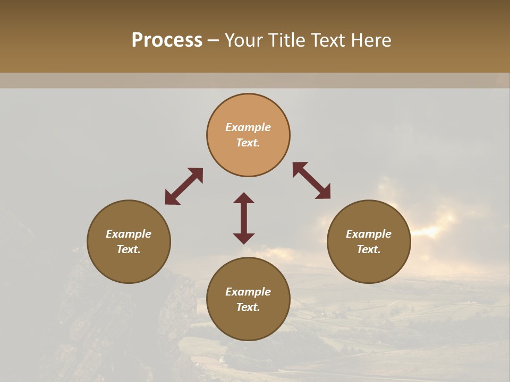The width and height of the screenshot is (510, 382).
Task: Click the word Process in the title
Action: [x=167, y=40]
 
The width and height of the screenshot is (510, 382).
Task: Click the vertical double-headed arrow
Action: [x=244, y=218]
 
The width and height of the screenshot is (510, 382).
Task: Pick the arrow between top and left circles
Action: [x=184, y=186]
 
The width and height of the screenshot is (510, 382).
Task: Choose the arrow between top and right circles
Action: [x=311, y=180]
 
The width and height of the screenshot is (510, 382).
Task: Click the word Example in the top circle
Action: [x=248, y=127]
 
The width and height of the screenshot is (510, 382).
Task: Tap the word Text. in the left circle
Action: [x=129, y=249]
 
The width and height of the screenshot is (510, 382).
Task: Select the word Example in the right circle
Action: [x=369, y=234]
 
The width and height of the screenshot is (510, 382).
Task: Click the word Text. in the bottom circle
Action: [x=248, y=307]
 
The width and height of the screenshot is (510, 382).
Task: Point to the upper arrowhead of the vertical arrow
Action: [x=244, y=198]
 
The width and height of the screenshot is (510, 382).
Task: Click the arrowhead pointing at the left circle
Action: [x=171, y=198]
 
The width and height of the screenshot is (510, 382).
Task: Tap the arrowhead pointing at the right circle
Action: [x=324, y=192]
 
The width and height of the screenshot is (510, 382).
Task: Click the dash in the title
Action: [x=213, y=41]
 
